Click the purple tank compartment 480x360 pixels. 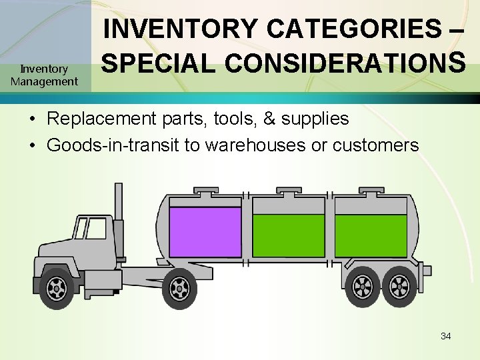[205, 231]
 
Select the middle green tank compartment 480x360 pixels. [288, 235]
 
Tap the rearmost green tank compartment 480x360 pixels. [370, 235]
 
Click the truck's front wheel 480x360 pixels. [57, 287]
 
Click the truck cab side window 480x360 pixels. [95, 229]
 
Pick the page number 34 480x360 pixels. [445, 336]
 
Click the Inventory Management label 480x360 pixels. [44, 75]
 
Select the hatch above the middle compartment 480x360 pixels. [289, 192]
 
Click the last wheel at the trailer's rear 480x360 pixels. [399, 287]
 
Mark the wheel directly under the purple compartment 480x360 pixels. [179, 288]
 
